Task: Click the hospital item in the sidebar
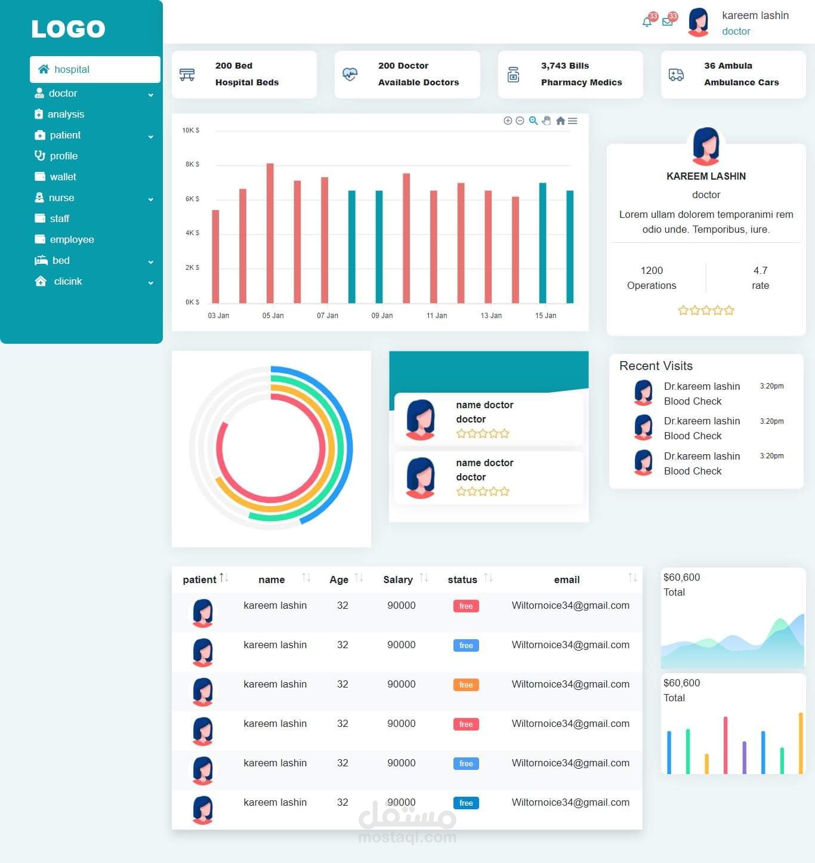pos(72,69)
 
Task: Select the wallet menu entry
pos(63,177)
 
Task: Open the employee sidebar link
pos(72,239)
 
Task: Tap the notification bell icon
pos(647,22)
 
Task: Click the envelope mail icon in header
pos(668,22)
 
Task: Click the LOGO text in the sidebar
pos(68,29)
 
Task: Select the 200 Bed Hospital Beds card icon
pos(187,75)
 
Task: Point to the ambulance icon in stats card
pos(676,75)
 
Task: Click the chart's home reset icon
pos(560,121)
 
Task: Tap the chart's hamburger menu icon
pos(573,121)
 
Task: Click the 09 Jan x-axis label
pos(382,316)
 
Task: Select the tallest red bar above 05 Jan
pos(270,233)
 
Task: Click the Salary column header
pos(398,580)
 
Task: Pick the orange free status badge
pos(466,685)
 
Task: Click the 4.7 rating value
pos(760,270)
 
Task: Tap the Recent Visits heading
pos(656,366)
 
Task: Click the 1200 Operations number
pos(652,270)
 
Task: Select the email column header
pos(567,580)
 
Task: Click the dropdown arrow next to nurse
pos(151,199)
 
